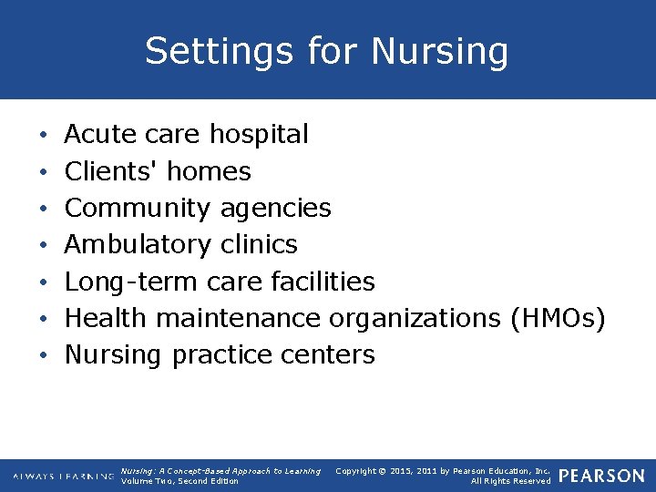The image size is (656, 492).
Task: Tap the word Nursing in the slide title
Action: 441,51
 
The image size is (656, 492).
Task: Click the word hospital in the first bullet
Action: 259,135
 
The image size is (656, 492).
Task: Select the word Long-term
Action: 131,282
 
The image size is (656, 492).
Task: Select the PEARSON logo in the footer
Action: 601,476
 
